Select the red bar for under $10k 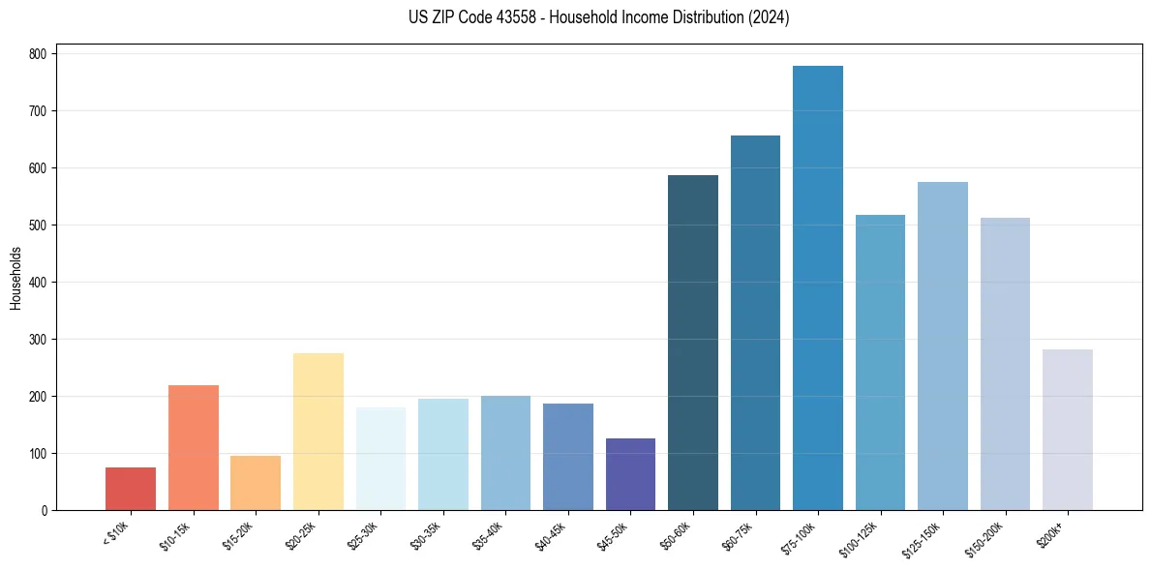pos(131,489)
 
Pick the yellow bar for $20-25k pos(318,432)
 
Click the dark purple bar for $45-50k pos(630,474)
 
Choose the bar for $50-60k pos(693,343)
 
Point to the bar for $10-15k pos(194,447)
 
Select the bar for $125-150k pos(943,346)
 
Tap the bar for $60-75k pos(755,323)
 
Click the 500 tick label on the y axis pos(44,225)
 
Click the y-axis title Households pos(15,278)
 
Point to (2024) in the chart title pos(769,17)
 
